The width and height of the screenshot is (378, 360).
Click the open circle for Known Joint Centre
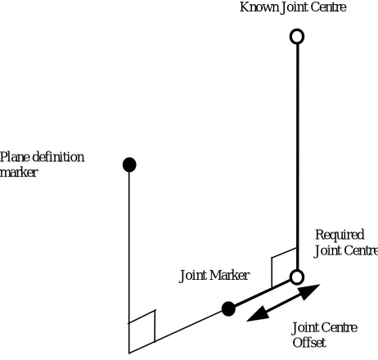[297, 36]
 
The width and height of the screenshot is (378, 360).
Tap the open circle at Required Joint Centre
[297, 277]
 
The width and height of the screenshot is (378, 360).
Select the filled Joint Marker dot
[228, 309]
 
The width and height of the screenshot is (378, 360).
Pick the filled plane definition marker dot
[129, 164]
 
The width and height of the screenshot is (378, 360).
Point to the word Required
[340, 235]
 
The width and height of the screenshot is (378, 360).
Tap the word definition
[58, 157]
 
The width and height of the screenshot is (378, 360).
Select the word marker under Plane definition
[19, 173]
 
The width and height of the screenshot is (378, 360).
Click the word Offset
[309, 343]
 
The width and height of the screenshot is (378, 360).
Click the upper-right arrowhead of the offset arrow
[310, 291]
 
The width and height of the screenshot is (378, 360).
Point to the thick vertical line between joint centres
[297, 157]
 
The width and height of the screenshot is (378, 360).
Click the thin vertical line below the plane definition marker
[129, 263]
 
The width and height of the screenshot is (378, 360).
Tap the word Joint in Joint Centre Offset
[304, 328]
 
